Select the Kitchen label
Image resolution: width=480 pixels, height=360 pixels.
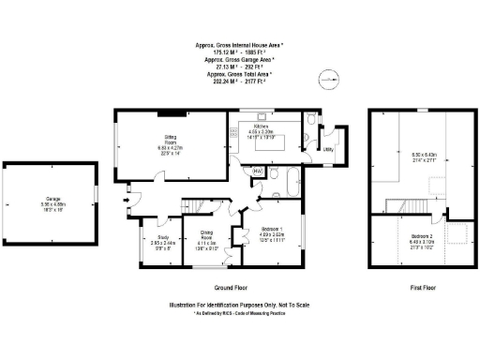pos(260,127)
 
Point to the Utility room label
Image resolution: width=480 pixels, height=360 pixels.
pos(329,149)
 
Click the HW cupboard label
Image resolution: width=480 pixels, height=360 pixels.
pos(257,171)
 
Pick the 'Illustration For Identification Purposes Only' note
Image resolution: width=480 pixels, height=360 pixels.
pos(239,305)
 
